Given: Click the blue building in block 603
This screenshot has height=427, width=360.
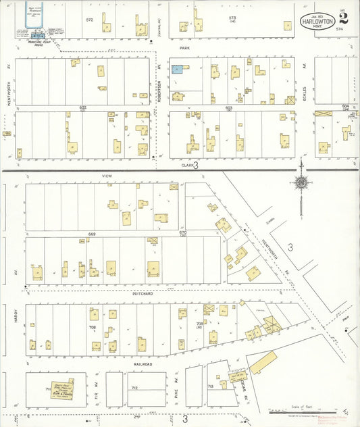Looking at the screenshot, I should pyautogui.click(x=177, y=69).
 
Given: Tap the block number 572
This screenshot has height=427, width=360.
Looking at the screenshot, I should pyautogui.click(x=89, y=20).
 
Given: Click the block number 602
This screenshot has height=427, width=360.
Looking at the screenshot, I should pyautogui.click(x=83, y=107).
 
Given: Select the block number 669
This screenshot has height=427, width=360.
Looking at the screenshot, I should pyautogui.click(x=91, y=234).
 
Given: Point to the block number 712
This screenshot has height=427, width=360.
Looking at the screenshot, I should pyautogui.click(x=134, y=388).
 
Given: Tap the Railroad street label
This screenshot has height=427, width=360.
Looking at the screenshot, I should pyautogui.click(x=143, y=363).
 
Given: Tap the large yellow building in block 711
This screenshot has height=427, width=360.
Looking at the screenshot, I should pyautogui.click(x=61, y=388).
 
